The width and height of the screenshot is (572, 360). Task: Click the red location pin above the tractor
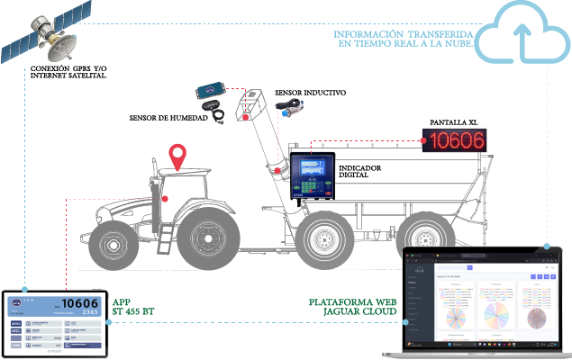coord(180,157)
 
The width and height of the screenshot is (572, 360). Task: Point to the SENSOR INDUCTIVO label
coord(310,93)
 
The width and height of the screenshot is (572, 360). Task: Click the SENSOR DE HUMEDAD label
coord(168,117)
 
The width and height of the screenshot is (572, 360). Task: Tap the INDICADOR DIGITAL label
coord(361,172)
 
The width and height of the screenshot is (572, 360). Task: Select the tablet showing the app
coord(54,322)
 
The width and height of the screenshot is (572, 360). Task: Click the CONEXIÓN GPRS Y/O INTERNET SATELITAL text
coord(68,72)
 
